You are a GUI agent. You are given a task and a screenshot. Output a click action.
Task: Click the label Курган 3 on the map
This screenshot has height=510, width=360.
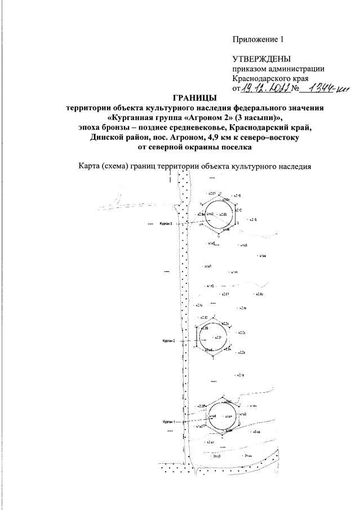pyautogui.click(x=168, y=224)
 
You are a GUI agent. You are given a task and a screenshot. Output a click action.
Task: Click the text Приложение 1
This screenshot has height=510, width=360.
pyautogui.click(x=259, y=39)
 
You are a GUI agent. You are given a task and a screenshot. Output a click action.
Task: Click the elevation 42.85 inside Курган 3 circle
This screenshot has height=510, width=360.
pyautogui.click(x=223, y=215)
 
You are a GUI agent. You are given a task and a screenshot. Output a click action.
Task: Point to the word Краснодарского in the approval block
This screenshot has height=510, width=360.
pyautogui.click(x=261, y=78)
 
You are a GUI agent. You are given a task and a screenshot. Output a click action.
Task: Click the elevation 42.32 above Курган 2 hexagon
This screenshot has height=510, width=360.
pyautogui.click(x=203, y=318)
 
